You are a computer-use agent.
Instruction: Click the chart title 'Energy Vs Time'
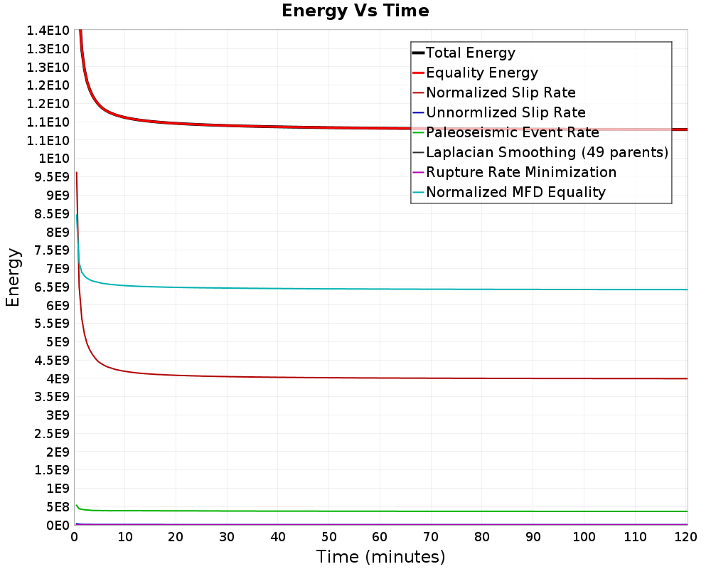pos(355,11)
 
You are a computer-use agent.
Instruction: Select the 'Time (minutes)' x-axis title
pos(380,556)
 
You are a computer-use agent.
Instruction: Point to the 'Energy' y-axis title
pos(13,277)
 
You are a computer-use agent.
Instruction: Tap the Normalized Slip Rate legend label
pos(501,92)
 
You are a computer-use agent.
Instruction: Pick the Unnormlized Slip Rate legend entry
pos(506,112)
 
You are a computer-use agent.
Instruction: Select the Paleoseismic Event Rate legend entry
pos(512,132)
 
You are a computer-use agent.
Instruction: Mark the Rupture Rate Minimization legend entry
pos(521,172)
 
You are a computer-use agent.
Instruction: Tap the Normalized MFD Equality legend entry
pos(515,192)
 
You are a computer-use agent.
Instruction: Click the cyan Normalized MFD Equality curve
pos(355,289)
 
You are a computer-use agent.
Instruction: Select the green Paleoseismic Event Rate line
pos(355,511)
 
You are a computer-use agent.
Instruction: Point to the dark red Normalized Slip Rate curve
pos(355,378)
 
